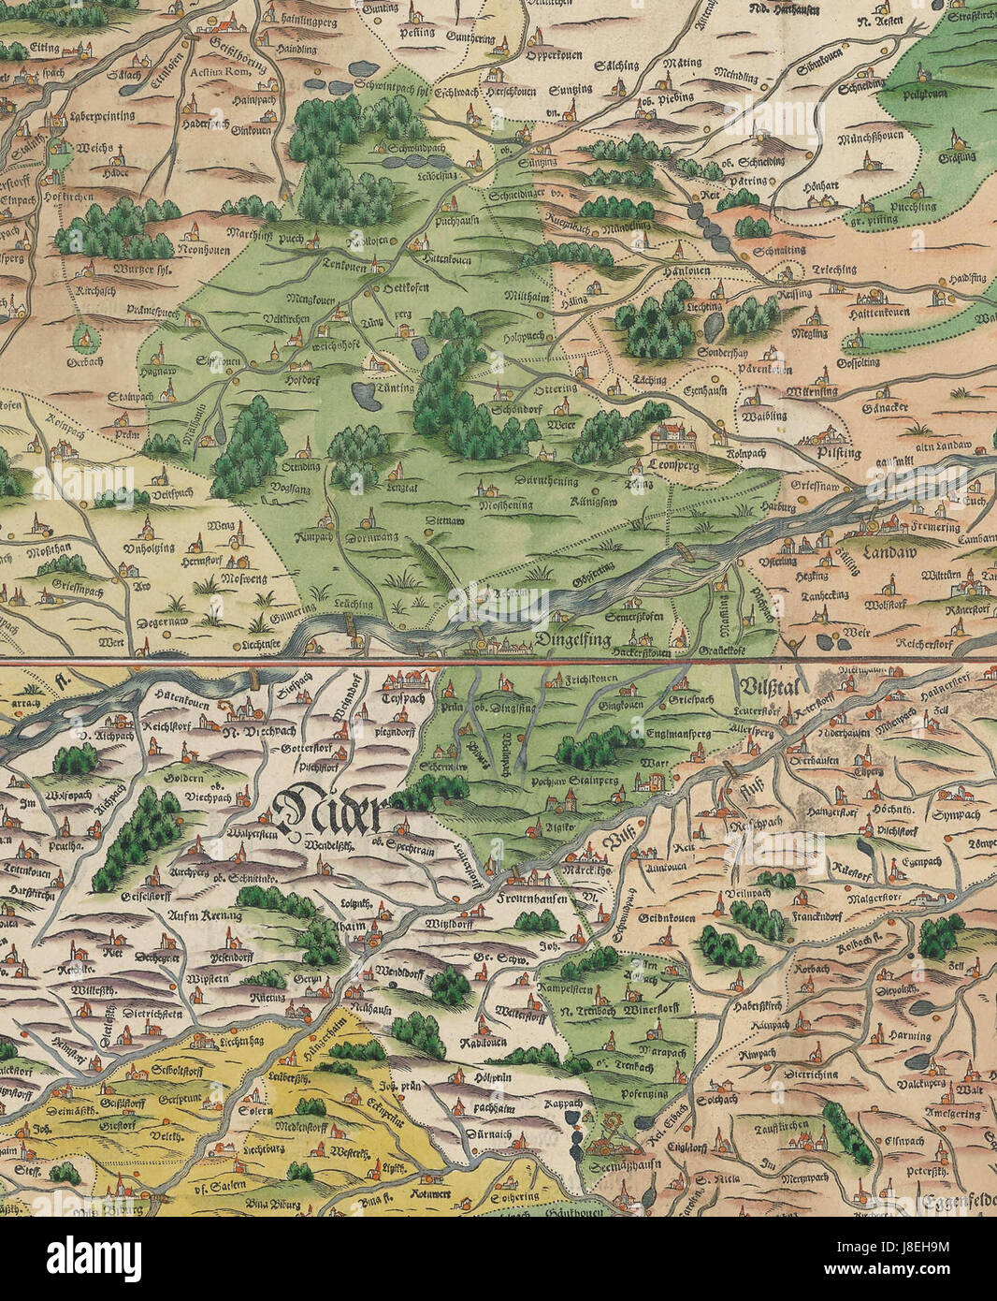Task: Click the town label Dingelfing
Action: (x=572, y=640)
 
